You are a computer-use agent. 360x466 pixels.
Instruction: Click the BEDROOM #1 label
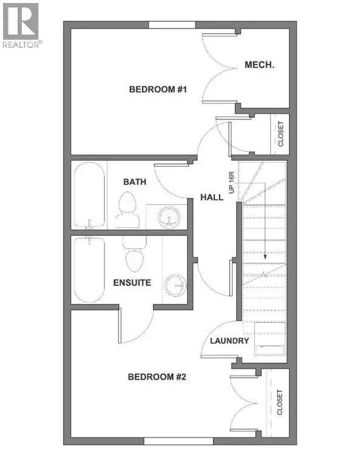[158, 90]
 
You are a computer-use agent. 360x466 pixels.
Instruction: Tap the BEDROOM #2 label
[157, 377]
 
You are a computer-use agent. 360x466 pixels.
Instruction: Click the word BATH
[135, 181]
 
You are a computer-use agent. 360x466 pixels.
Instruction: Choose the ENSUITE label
[131, 282]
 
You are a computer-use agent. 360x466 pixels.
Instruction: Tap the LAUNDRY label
[229, 341]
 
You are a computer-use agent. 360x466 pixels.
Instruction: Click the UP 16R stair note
[231, 183]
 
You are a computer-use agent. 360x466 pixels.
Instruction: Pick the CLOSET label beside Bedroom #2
[280, 402]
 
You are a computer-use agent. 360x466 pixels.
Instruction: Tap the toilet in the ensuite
[134, 256]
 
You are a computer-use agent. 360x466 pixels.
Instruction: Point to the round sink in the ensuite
[177, 283]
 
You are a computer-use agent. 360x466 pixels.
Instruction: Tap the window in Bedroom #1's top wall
[168, 24]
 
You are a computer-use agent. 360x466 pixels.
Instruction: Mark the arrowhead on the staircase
[265, 257]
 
